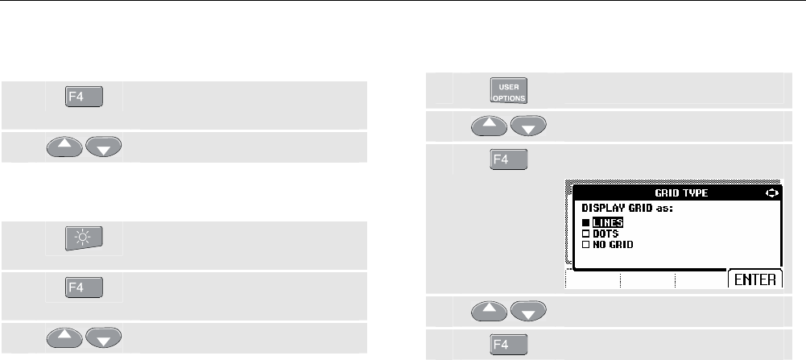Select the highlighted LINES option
pyautogui.click(x=608, y=222)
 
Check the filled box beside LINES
pyautogui.click(x=585, y=222)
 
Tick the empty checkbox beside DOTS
pyautogui.click(x=585, y=233)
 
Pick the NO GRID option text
pyautogui.click(x=614, y=243)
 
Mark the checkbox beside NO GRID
pyautogui.click(x=585, y=243)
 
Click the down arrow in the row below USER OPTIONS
pyautogui.click(x=527, y=126)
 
